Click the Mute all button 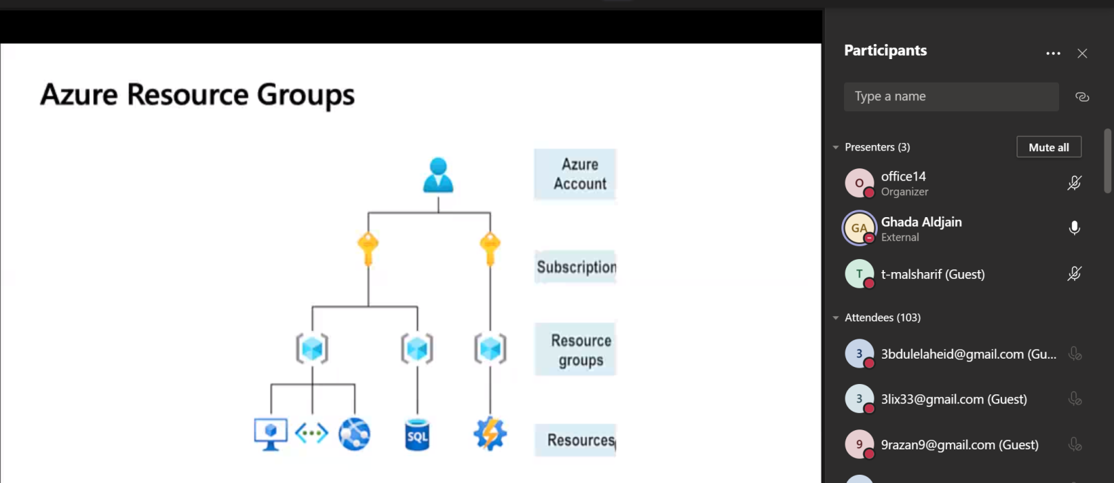click(x=1049, y=147)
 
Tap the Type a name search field click(x=951, y=97)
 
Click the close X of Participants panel click(x=1082, y=54)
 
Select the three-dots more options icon click(x=1053, y=54)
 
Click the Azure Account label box click(x=575, y=175)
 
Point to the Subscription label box click(x=576, y=267)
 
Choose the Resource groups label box click(x=576, y=350)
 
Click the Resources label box click(x=576, y=440)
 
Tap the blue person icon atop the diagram click(x=438, y=175)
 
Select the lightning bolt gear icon click(x=490, y=434)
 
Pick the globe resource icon click(x=354, y=434)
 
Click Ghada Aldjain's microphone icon click(x=1075, y=228)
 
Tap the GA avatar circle click(x=859, y=228)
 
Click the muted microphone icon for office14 click(x=1075, y=183)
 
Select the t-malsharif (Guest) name click(x=933, y=274)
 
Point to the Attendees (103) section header click(x=883, y=317)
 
